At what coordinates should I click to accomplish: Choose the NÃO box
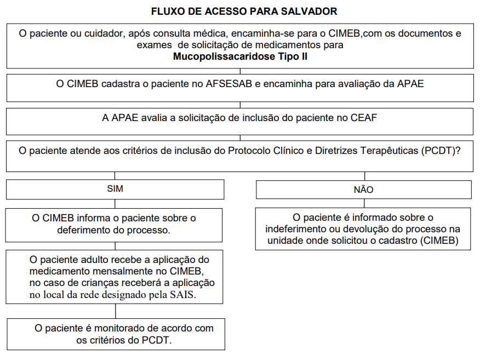(x=363, y=190)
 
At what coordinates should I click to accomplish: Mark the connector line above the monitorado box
(x=115, y=311)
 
